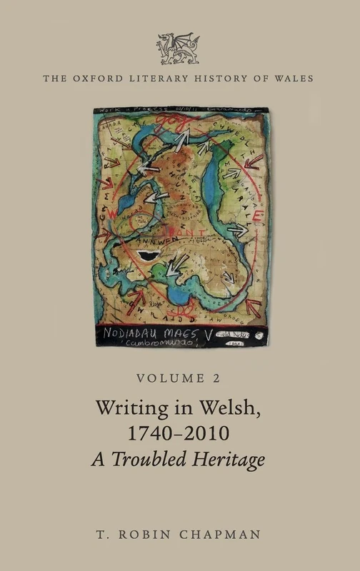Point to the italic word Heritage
point(228,460)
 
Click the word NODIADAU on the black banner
point(144,333)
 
